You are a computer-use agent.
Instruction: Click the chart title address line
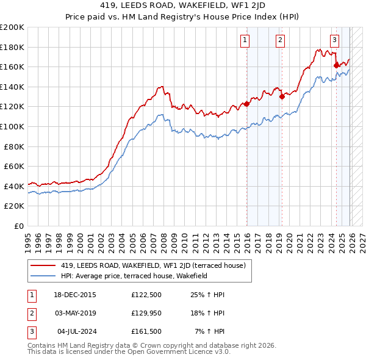tap(182, 7)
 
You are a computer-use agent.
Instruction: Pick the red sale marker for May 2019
tap(282, 96)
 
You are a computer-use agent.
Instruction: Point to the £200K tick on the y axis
tap(12, 27)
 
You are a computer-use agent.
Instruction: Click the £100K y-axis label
tap(12, 126)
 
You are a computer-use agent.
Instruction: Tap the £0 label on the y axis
tap(20, 226)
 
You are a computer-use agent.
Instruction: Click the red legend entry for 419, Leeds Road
tap(153, 265)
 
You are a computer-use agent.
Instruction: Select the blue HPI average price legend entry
tap(134, 276)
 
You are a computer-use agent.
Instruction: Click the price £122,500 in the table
tap(146, 295)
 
